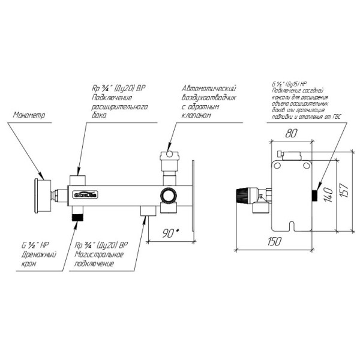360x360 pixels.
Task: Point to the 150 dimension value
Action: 275,241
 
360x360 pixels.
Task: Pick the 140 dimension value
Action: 328,193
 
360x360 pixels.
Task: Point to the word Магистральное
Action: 100,254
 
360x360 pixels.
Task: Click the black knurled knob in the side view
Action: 244,195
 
